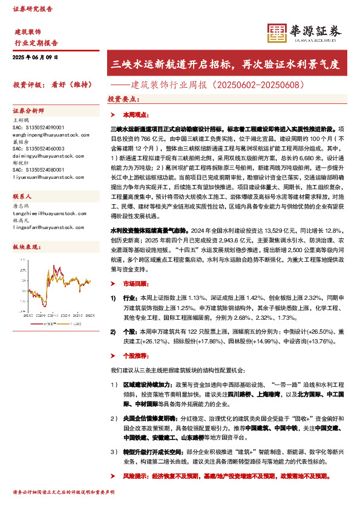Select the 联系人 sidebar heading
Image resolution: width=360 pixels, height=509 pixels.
(x=22, y=197)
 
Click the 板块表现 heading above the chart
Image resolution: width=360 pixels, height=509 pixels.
(x=25, y=248)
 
